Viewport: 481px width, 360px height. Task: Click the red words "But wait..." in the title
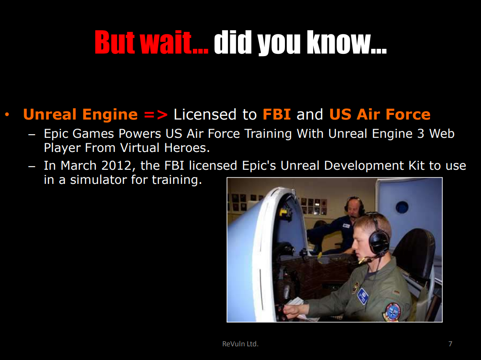tap(151, 42)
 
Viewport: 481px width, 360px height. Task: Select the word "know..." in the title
tap(347, 42)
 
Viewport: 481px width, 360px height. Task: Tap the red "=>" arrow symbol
tap(155, 115)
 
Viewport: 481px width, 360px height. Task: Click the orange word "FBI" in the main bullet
tap(277, 114)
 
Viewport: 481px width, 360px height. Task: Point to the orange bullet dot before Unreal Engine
tap(7, 115)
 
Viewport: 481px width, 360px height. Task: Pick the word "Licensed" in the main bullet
tap(205, 114)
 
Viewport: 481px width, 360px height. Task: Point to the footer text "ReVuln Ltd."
tap(240, 344)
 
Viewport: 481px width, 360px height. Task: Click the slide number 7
tap(450, 344)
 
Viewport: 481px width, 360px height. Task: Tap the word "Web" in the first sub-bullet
tap(442, 134)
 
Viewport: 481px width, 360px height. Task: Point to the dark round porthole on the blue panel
tap(402, 208)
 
